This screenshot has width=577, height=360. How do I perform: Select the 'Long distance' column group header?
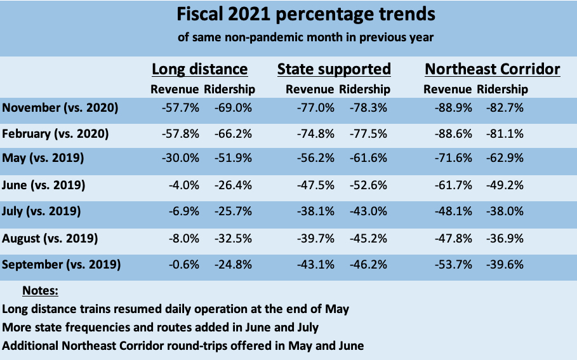199,69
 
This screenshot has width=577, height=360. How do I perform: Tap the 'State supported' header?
334,69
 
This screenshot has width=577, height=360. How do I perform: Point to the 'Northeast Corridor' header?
493,69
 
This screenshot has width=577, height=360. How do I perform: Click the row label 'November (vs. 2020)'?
60,108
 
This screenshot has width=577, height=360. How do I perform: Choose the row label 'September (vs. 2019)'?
61,265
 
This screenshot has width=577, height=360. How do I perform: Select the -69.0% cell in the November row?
234,108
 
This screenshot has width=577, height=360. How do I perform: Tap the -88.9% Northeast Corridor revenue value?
453,108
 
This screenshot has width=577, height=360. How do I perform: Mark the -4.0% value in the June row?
184,186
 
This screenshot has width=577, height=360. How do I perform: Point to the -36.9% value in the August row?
505,239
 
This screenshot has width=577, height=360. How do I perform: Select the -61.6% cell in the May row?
368,160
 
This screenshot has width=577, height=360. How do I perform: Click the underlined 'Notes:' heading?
40,291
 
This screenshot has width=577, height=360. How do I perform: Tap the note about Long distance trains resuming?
176,309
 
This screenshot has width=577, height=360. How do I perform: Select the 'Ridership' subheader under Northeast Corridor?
502,90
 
